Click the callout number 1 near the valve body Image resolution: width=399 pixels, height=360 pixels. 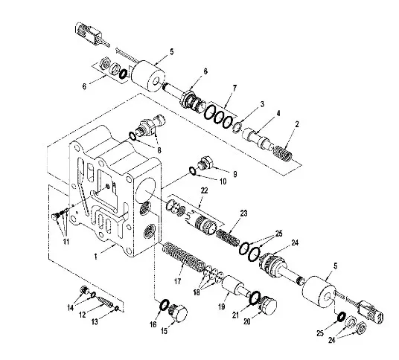click(x=96, y=257)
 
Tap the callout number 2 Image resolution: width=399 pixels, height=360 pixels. click(x=297, y=124)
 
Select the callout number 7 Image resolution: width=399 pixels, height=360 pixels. click(x=234, y=89)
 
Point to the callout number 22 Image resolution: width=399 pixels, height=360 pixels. click(x=204, y=190)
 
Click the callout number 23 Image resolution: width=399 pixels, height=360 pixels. click(x=243, y=213)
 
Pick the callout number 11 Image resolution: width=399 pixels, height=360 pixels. click(x=66, y=241)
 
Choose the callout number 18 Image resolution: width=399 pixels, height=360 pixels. click(x=197, y=292)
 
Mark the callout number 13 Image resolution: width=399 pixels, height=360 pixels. click(x=95, y=322)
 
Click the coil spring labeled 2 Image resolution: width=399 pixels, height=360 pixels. click(x=283, y=154)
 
